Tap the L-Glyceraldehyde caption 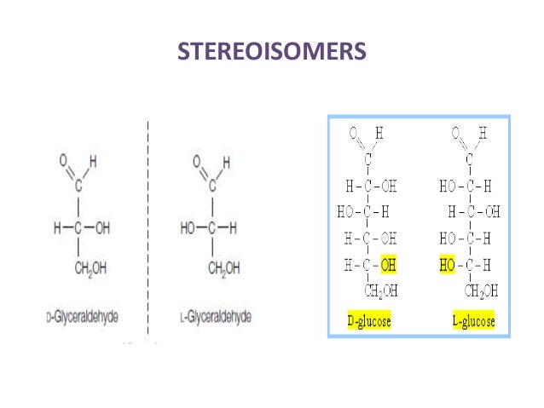[215, 317]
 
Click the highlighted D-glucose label [370, 321]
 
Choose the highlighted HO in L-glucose [447, 267]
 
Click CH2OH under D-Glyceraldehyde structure [92, 269]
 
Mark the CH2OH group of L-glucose [482, 292]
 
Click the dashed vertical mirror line [149, 230]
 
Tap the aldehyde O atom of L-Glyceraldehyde [197, 159]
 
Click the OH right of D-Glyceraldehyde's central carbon [103, 228]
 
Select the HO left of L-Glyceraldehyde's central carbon [188, 228]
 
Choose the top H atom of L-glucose [483, 133]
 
